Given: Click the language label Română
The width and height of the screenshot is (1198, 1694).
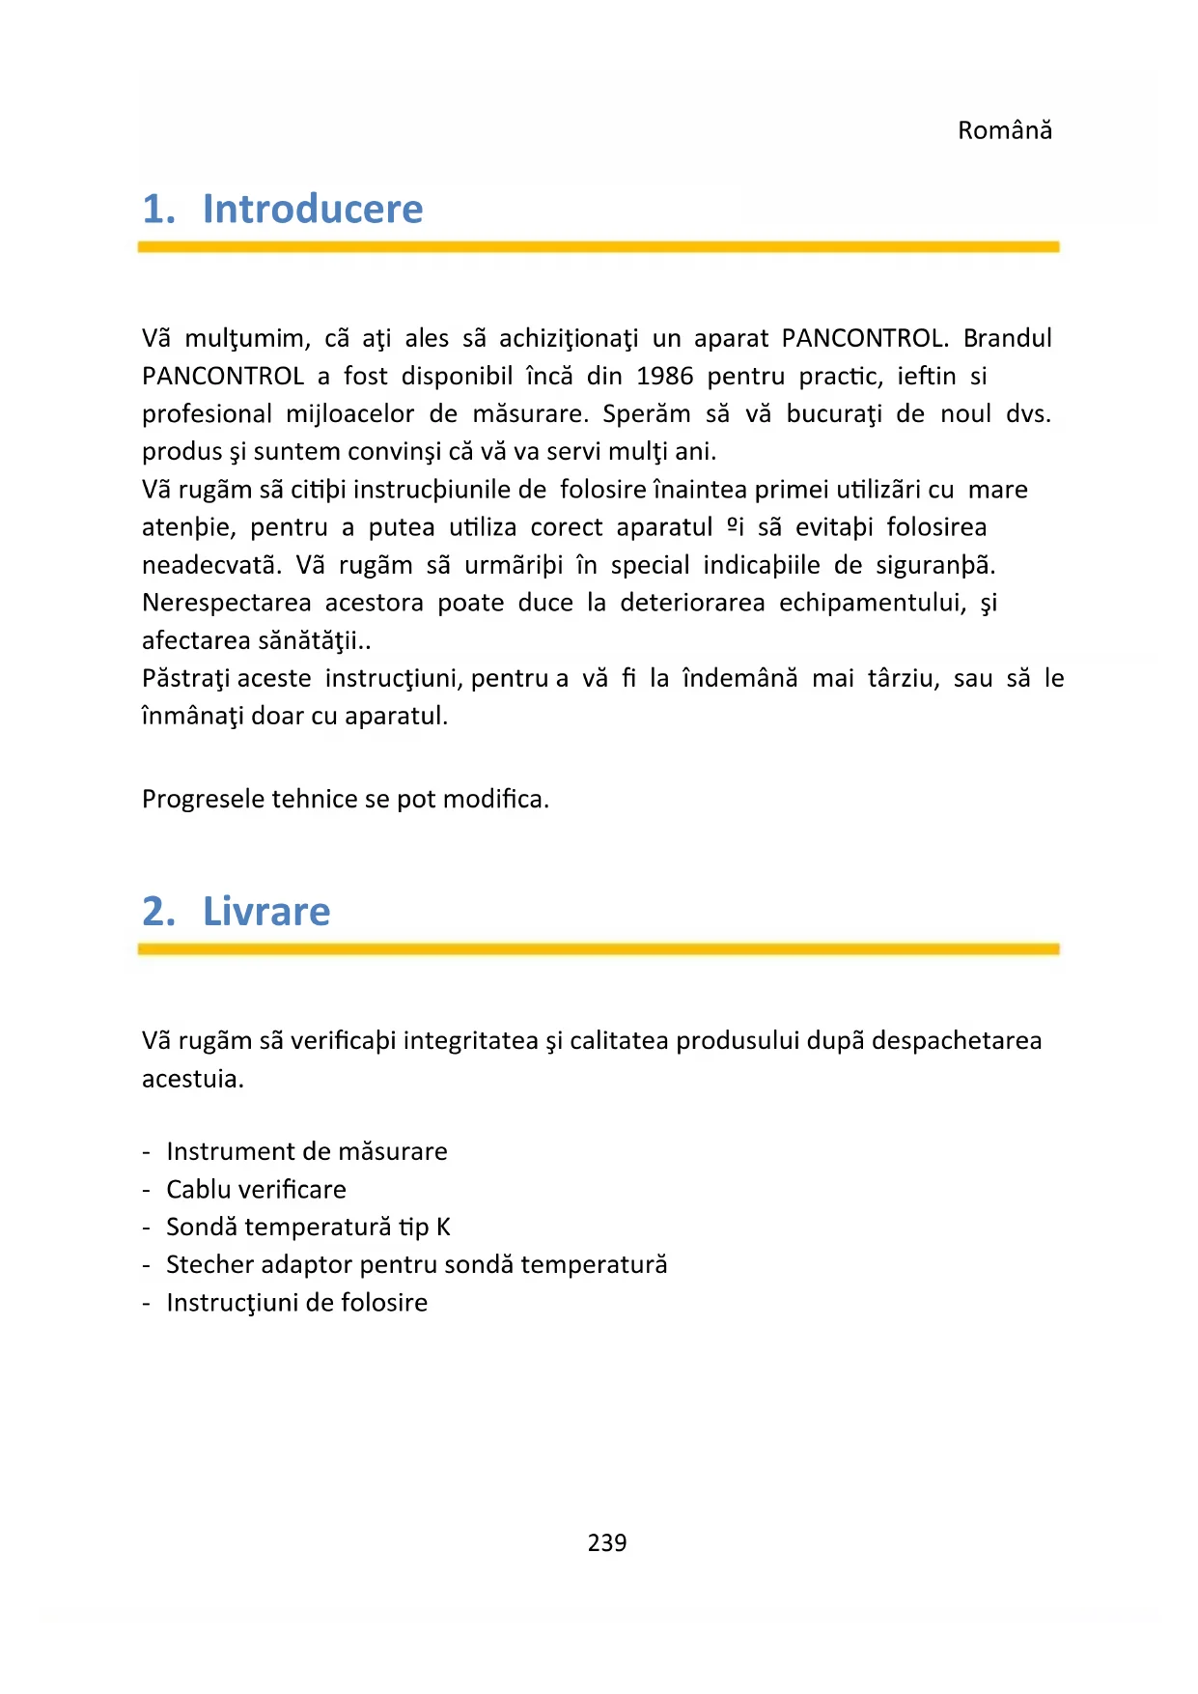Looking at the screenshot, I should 1004,130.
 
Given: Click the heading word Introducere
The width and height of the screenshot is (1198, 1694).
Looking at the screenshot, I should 313,210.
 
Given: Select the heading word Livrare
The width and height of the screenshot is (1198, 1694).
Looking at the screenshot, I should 266,912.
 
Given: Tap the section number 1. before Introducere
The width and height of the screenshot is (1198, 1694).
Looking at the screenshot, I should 159,210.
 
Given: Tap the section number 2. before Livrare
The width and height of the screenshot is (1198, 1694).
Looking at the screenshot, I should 159,912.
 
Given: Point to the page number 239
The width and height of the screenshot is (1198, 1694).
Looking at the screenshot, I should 607,1542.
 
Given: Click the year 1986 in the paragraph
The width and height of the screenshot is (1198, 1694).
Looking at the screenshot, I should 664,376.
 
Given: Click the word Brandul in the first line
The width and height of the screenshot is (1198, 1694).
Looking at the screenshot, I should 1007,338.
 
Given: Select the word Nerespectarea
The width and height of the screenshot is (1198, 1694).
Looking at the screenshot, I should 226,603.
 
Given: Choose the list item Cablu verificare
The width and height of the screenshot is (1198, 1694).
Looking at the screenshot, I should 256,1189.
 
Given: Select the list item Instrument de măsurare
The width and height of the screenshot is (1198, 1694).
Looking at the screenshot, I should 307,1151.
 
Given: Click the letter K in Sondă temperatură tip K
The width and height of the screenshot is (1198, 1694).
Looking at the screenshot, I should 443,1227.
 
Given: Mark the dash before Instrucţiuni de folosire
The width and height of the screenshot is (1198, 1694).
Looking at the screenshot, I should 146,1303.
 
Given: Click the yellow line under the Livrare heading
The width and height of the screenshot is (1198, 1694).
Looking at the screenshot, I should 599,949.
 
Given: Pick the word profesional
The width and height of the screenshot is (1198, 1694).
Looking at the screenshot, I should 207,414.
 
